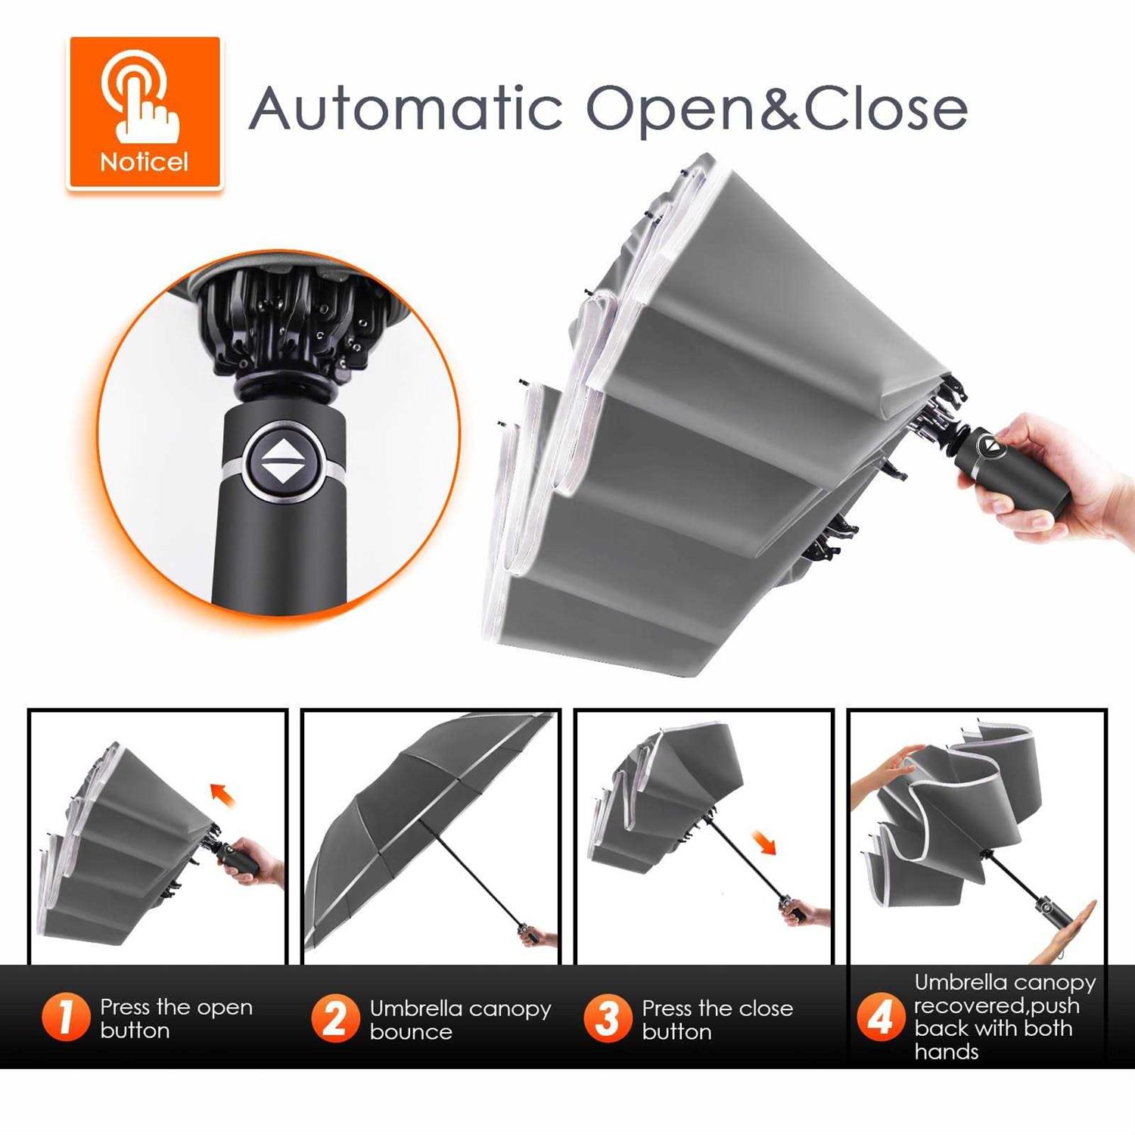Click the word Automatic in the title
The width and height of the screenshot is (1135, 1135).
click(x=406, y=107)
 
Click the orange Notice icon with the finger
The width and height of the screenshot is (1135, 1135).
click(x=145, y=112)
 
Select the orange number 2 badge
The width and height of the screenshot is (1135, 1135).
click(x=335, y=1018)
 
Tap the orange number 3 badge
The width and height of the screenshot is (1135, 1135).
click(x=608, y=1018)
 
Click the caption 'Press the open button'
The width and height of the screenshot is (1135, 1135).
click(x=176, y=1018)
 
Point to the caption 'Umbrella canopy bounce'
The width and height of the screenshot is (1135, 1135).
click(x=460, y=1020)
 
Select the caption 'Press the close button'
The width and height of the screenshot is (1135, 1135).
click(x=717, y=1019)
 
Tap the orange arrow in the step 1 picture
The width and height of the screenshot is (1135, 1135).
click(x=223, y=795)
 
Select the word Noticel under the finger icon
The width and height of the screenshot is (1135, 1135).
click(x=144, y=162)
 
